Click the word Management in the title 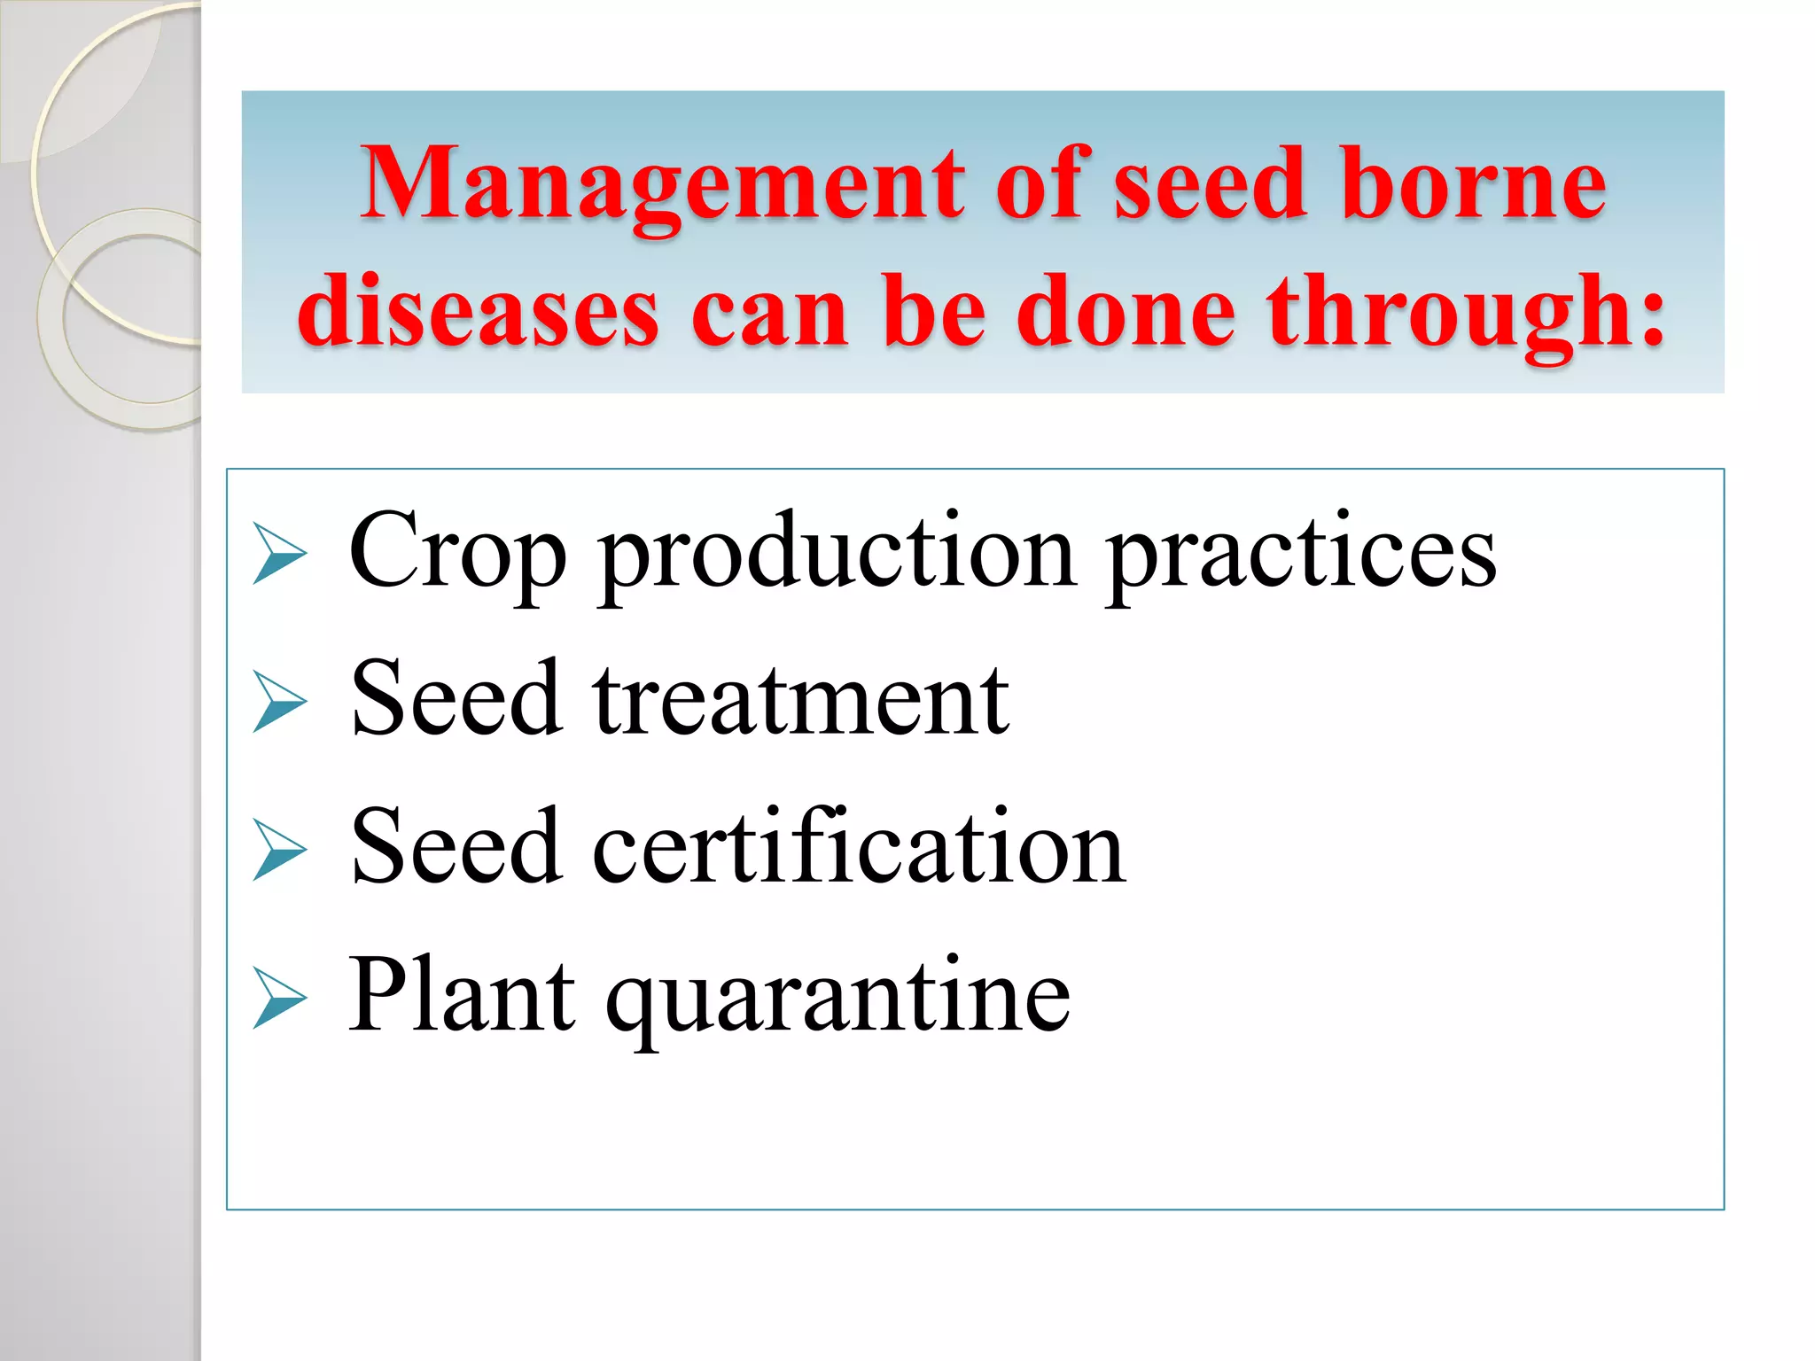pyautogui.click(x=660, y=184)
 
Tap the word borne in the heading pyautogui.click(x=1473, y=184)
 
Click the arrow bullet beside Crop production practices pyautogui.click(x=278, y=554)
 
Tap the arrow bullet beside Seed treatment pyautogui.click(x=278, y=702)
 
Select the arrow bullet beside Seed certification pyautogui.click(x=278, y=850)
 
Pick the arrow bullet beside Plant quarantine pyautogui.click(x=278, y=998)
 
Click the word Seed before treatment pyautogui.click(x=456, y=700)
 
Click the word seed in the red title pyautogui.click(x=1210, y=184)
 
